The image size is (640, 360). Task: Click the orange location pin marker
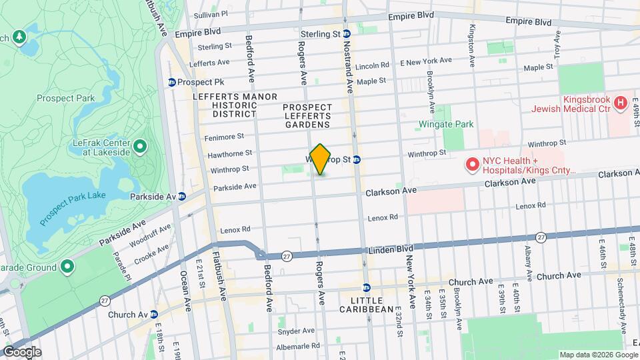[320, 159]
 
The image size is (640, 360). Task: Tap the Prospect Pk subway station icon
[171, 83]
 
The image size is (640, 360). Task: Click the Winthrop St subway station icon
[357, 160]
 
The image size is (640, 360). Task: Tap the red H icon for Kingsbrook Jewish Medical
[621, 103]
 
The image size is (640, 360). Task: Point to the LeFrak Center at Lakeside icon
[140, 146]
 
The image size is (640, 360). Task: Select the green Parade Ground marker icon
[67, 267]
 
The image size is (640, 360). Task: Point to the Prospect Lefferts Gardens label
[307, 115]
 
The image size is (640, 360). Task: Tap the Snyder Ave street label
[297, 330]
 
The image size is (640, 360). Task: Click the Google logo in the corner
[21, 351]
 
